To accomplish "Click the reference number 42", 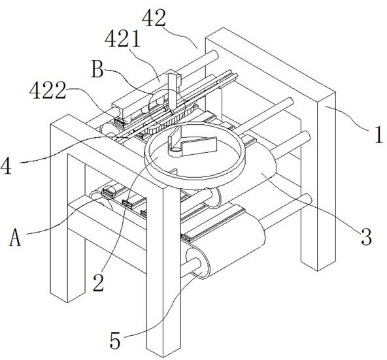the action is point(154,18).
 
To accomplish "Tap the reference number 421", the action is point(122,39).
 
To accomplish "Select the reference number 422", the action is point(48,91).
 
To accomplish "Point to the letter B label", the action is point(97,69).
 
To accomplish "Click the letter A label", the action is point(15,237).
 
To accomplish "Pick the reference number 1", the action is point(379,135).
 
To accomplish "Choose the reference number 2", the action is point(99,282).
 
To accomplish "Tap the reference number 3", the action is point(366,237).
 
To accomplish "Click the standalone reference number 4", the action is point(6,166).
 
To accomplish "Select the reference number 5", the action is point(115,340).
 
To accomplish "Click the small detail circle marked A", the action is point(109,192).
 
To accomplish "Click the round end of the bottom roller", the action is point(197,263).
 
